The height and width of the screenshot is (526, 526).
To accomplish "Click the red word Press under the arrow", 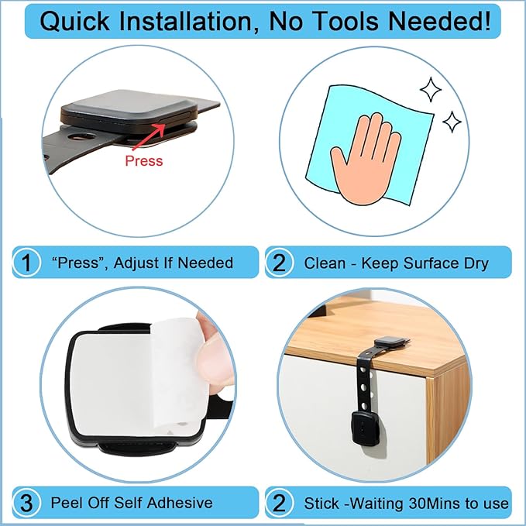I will (x=144, y=160).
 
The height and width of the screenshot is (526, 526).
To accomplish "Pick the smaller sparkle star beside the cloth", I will (x=451, y=121).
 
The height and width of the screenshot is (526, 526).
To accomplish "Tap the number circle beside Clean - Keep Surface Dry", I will (x=279, y=263).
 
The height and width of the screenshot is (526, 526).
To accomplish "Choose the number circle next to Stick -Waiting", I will (x=279, y=503).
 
